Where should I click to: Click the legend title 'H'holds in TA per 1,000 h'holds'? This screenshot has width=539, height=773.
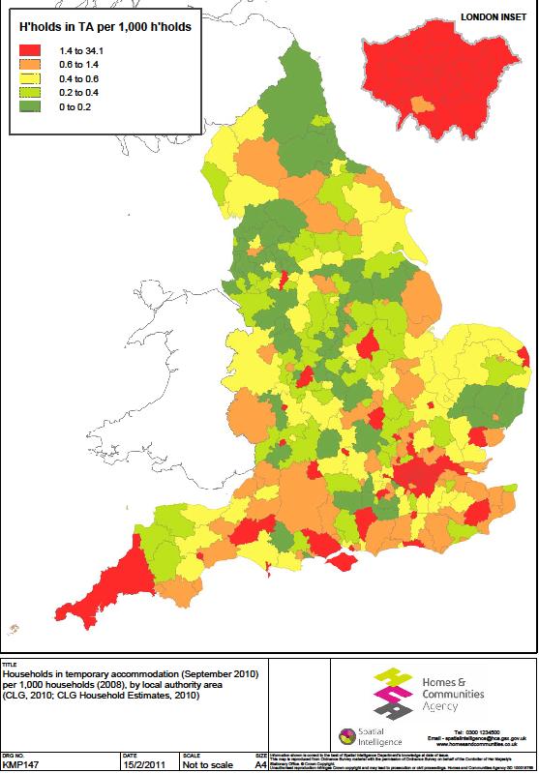[x=105, y=27]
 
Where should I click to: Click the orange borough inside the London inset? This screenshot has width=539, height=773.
[x=420, y=104]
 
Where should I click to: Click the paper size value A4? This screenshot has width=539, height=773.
[x=259, y=765]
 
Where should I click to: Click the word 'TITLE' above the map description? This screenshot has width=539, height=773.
[x=10, y=665]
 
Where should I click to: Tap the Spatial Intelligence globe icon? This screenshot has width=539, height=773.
[x=344, y=736]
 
